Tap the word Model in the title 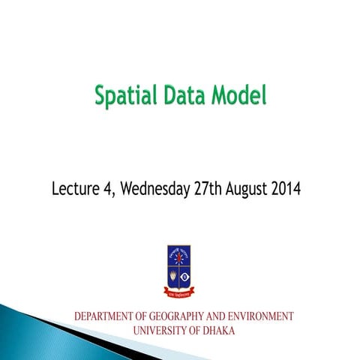pos(238,97)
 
